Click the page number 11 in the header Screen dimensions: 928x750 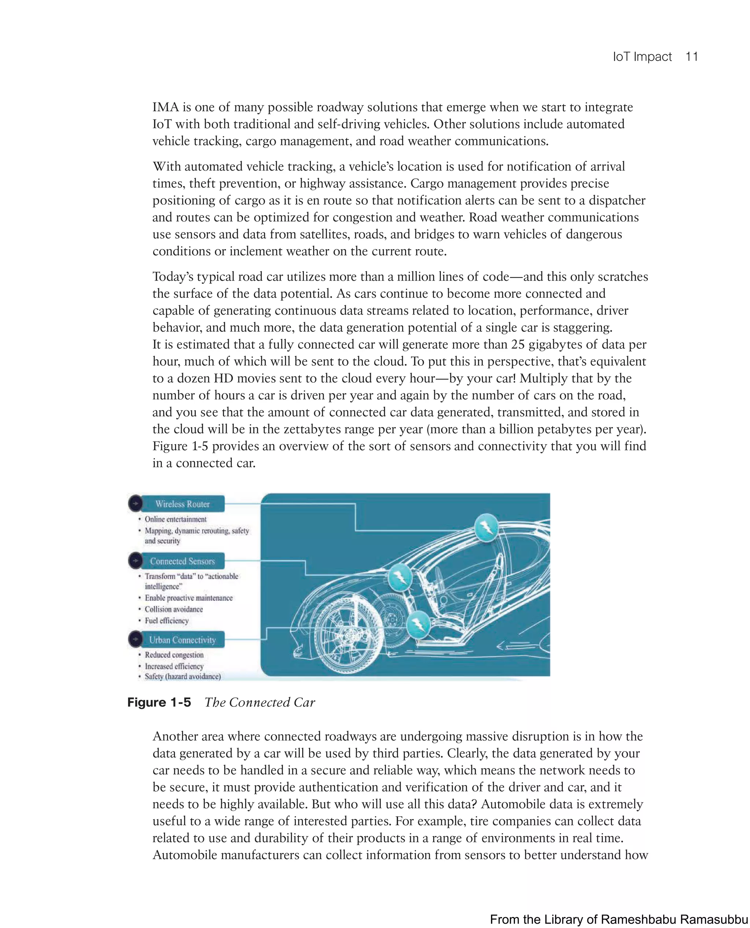(x=691, y=57)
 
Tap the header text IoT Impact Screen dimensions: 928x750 (x=642, y=57)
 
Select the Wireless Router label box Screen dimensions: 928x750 (x=183, y=504)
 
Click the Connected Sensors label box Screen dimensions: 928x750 (x=183, y=561)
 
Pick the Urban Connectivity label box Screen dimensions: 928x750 (x=183, y=640)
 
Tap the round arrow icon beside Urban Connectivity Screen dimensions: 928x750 (x=135, y=639)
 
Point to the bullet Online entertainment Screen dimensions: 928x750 (x=175, y=519)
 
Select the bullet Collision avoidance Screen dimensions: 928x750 (x=174, y=609)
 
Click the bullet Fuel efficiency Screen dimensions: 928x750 (x=167, y=621)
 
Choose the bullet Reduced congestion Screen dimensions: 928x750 (x=174, y=655)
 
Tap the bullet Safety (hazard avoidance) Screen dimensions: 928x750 (x=183, y=676)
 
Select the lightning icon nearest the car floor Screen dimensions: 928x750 (x=418, y=623)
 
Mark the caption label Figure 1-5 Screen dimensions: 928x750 (x=159, y=702)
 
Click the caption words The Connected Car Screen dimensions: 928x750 (x=260, y=702)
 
